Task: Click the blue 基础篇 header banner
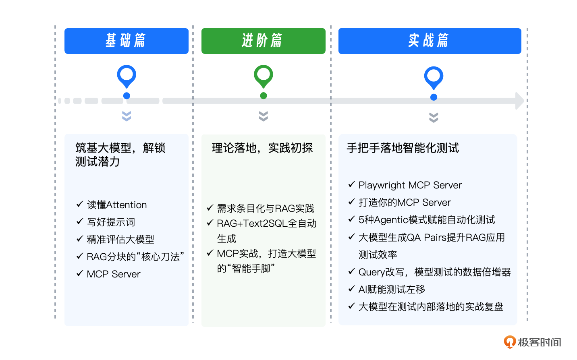(x=126, y=41)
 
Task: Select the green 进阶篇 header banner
(x=263, y=41)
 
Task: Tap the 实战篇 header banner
(x=430, y=41)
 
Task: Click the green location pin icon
(x=264, y=76)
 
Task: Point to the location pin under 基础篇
(x=127, y=76)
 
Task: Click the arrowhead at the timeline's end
(x=520, y=101)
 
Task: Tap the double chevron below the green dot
(x=264, y=116)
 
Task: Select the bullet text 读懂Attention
(x=117, y=205)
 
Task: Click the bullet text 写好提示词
(x=111, y=222)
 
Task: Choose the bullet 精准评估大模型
(x=120, y=240)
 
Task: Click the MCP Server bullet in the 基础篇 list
(x=114, y=274)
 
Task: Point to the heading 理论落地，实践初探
(x=262, y=148)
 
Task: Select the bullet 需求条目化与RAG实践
(x=266, y=209)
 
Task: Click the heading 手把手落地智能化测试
(x=403, y=148)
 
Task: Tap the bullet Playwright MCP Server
(x=410, y=185)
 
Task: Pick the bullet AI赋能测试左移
(x=392, y=290)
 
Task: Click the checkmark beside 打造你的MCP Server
(x=351, y=202)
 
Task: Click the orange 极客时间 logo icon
(x=510, y=342)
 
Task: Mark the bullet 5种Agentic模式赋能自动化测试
(x=427, y=220)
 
